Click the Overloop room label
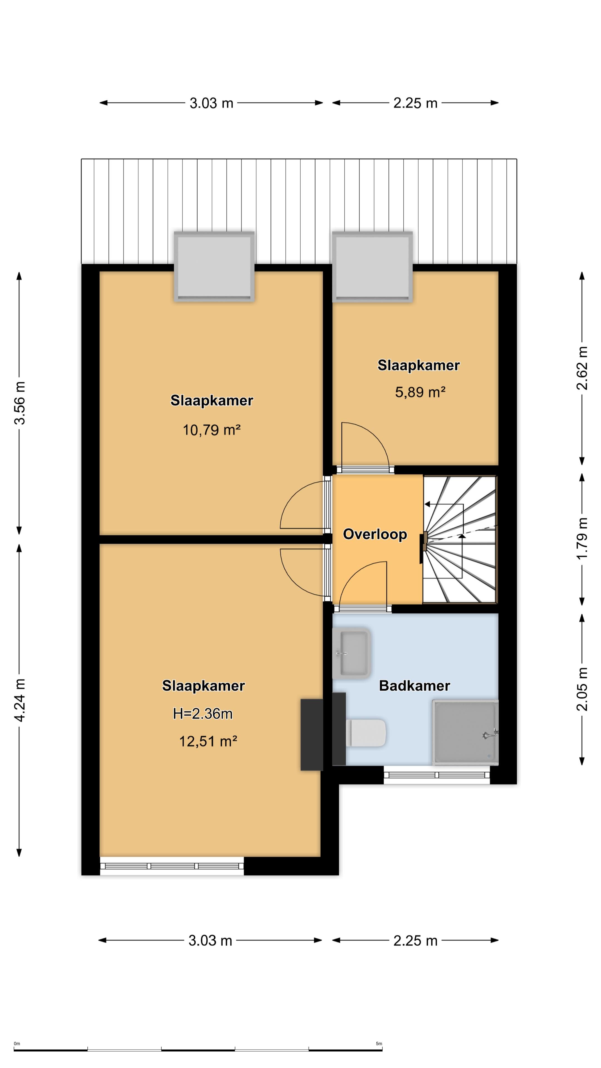(375, 534)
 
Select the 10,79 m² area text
(211, 430)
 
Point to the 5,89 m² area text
(420, 392)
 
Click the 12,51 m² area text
(208, 741)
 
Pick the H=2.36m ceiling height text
(203, 713)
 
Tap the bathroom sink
(352, 653)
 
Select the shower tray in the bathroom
(465, 732)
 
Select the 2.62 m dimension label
(582, 368)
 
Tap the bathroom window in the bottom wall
(437, 775)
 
